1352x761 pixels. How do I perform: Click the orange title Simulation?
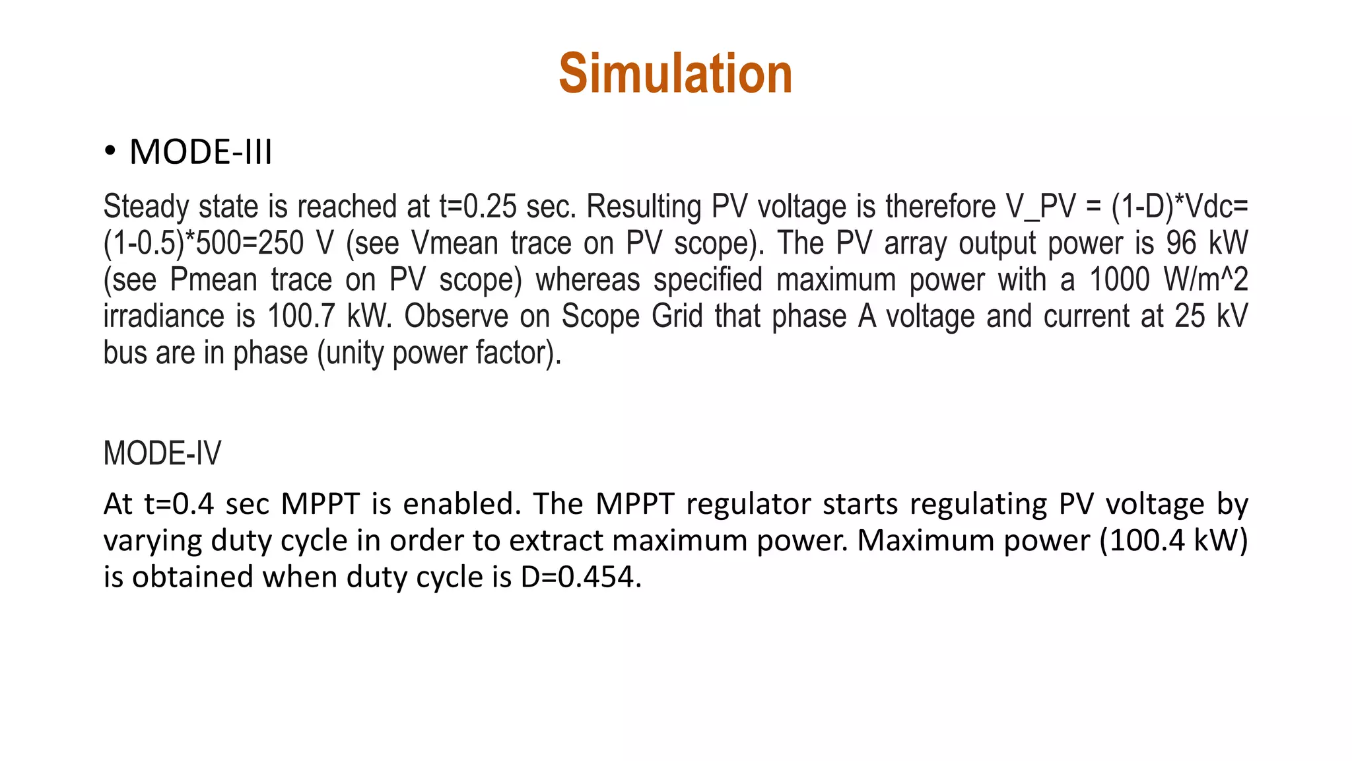[675, 73]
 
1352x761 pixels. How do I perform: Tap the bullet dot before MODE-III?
[110, 151]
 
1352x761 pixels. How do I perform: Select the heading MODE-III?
[201, 152]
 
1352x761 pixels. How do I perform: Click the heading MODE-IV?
[162, 453]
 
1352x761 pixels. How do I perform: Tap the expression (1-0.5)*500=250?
[203, 243]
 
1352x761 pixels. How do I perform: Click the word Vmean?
[454, 243]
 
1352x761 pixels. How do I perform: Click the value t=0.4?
[179, 504]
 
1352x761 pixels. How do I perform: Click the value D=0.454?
[580, 577]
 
